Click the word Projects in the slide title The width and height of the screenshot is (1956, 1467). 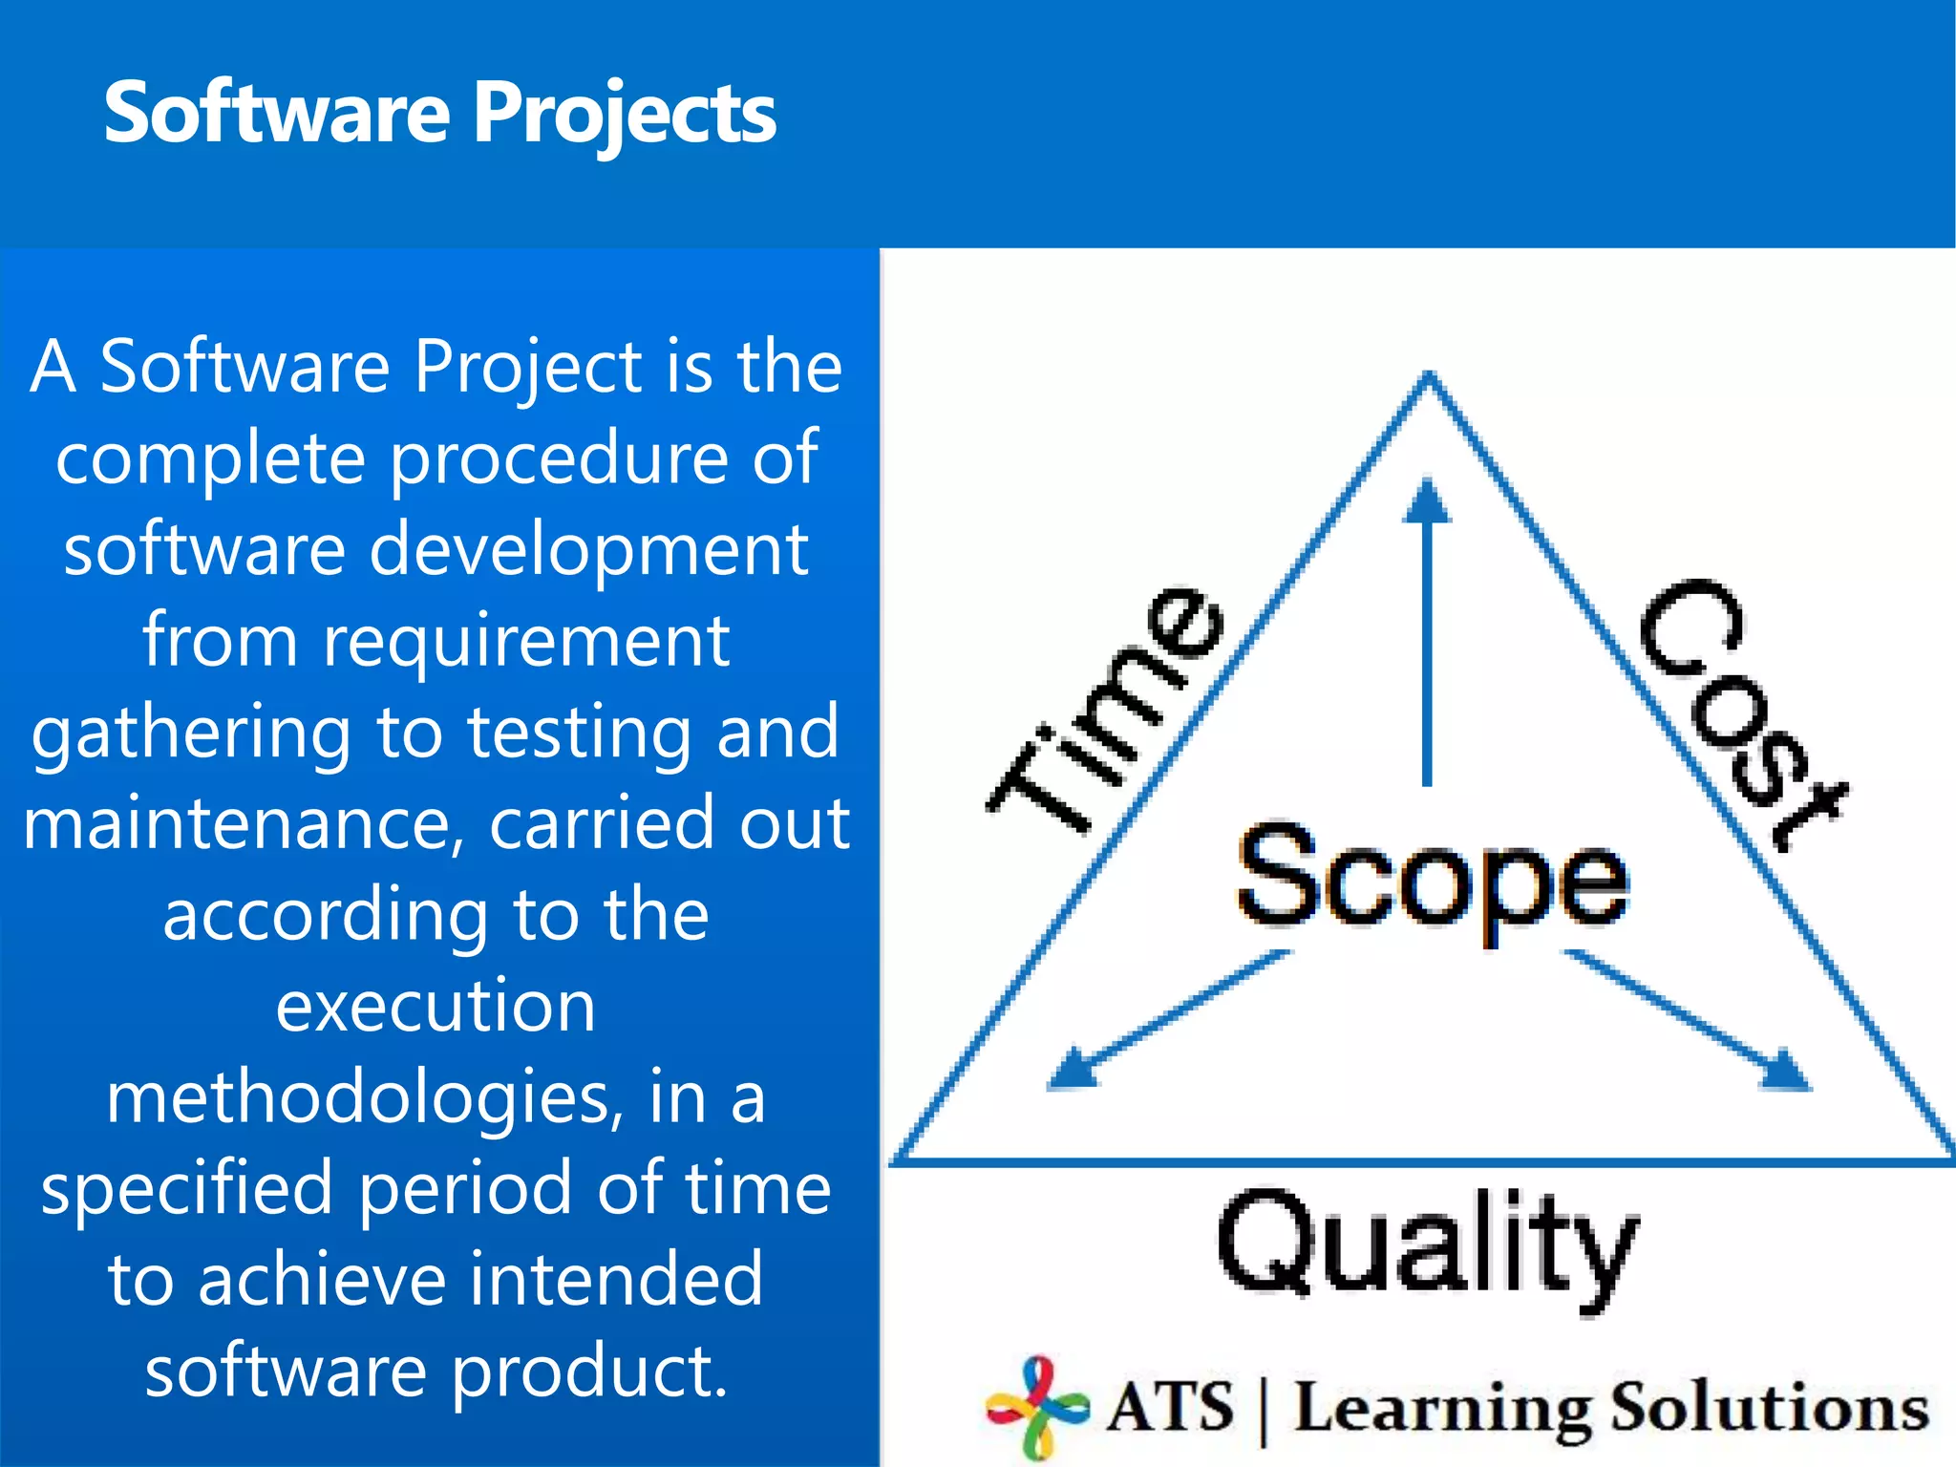click(x=625, y=115)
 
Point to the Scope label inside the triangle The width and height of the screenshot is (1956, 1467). click(x=1432, y=878)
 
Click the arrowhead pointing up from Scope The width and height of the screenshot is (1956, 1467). click(x=1427, y=501)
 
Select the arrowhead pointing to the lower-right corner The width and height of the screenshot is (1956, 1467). click(x=1785, y=1070)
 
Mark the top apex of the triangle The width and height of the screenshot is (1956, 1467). click(x=1429, y=376)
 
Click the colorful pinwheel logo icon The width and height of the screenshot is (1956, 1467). click(x=1037, y=1405)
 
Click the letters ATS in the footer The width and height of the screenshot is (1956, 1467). click(x=1170, y=1407)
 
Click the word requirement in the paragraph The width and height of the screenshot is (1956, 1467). click(x=526, y=639)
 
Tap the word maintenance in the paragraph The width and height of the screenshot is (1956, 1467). click(x=244, y=823)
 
